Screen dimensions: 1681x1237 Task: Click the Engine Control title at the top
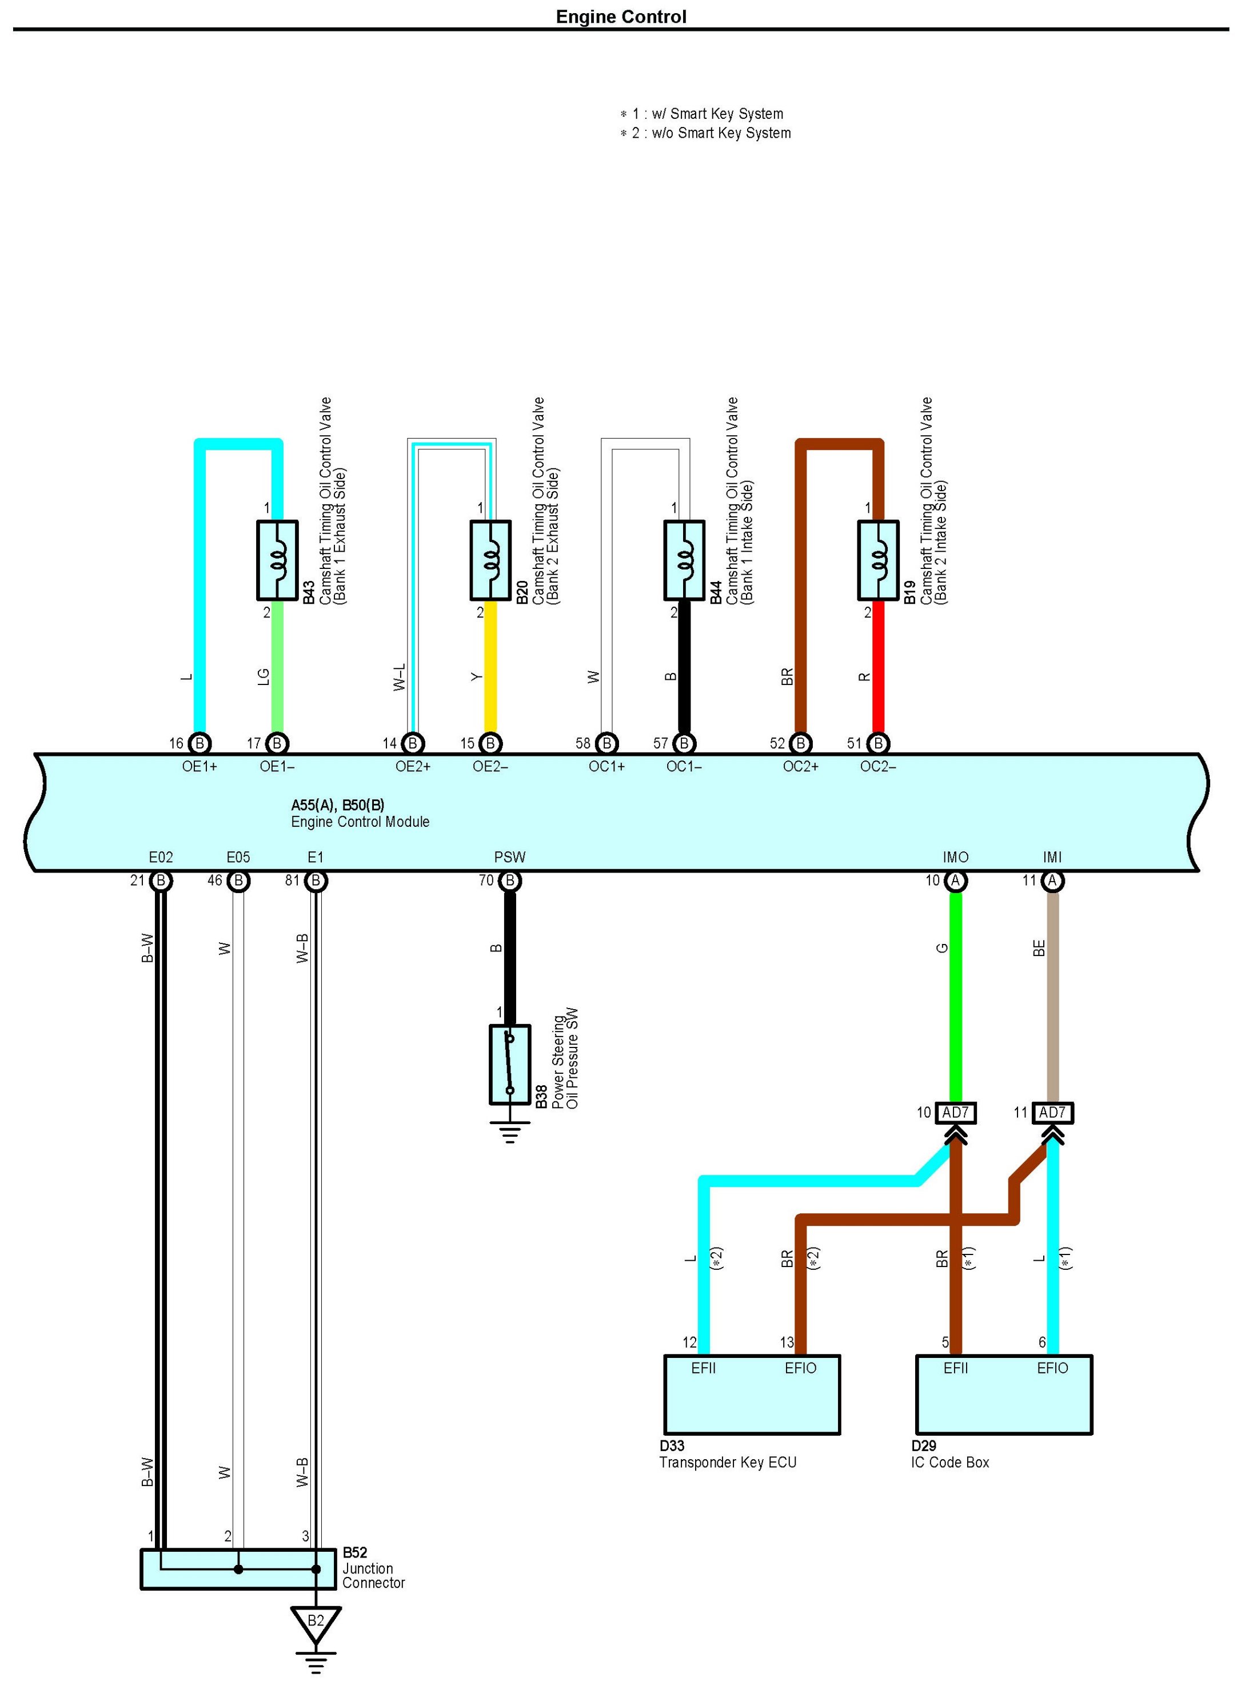tap(621, 17)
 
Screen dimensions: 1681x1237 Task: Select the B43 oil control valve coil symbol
tap(277, 560)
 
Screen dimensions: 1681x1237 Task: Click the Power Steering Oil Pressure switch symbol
tap(510, 1064)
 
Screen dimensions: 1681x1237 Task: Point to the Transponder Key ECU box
tap(752, 1394)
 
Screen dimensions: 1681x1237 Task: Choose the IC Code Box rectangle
tap(1003, 1394)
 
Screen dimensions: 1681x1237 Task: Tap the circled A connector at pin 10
tap(955, 881)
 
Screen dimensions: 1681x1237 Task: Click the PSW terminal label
tap(510, 857)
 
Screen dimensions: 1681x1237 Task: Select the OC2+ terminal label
tap(800, 767)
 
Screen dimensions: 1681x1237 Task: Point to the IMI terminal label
tap(1052, 857)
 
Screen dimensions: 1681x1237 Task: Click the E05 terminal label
tap(238, 857)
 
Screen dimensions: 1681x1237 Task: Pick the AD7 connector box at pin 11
tap(1052, 1113)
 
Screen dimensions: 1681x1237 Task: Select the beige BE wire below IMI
tap(1052, 996)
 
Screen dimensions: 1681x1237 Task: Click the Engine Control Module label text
tap(360, 822)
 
